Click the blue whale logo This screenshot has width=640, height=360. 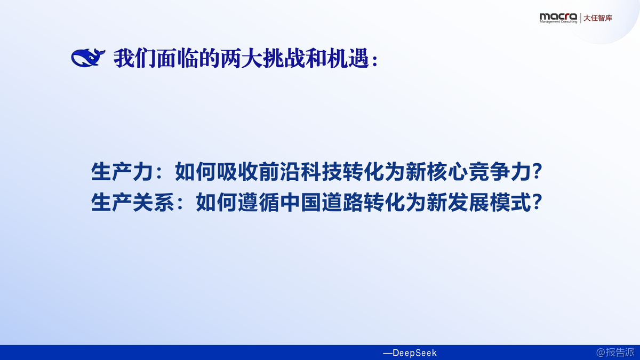88,58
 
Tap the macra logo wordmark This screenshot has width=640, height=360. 558,17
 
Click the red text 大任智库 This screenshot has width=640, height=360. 598,18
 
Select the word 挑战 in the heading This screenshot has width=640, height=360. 284,59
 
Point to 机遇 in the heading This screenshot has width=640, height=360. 348,59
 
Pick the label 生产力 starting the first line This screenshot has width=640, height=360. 122,171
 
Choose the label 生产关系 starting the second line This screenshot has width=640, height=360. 133,202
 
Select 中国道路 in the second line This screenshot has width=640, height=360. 322,202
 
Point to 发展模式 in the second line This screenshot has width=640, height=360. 489,202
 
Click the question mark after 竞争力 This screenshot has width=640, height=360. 537,171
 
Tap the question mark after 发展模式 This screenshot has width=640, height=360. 537,202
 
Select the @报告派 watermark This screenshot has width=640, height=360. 615,353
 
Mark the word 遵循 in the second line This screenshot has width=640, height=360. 259,202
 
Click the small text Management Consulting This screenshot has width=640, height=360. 558,22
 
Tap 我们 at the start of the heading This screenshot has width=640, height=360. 135,59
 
